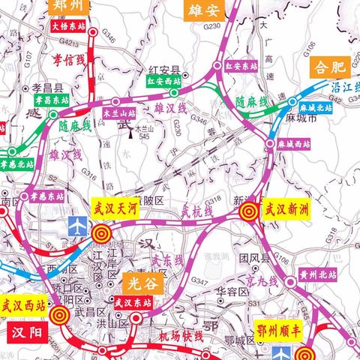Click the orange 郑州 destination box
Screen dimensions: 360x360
(70, 6)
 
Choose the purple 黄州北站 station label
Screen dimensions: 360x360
(315, 273)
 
